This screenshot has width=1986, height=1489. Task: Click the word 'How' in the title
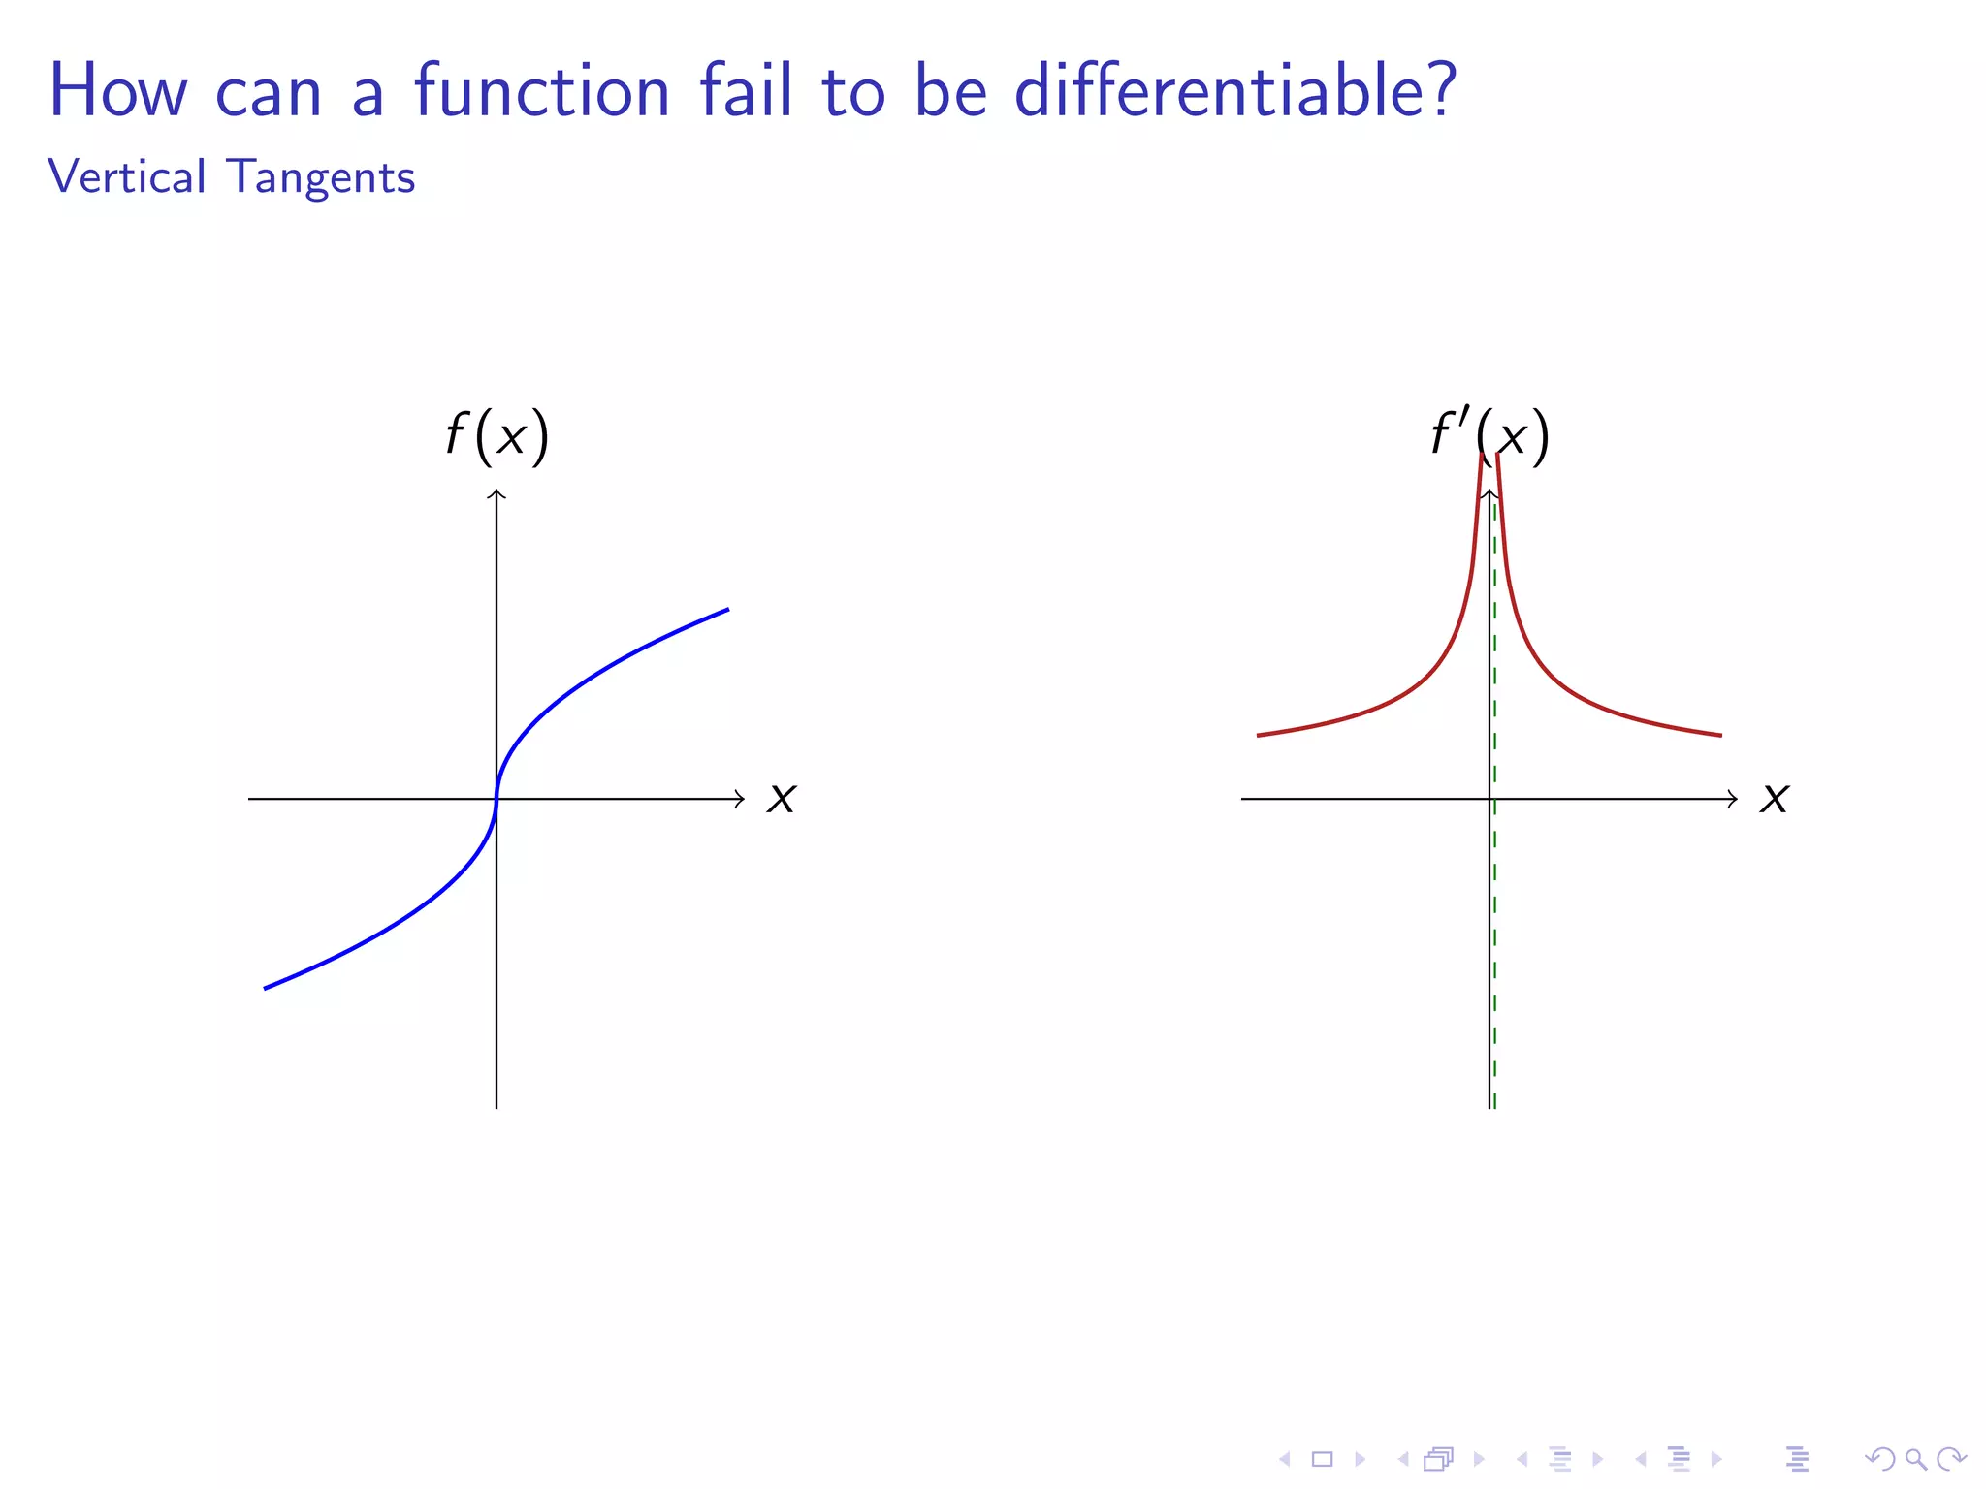coord(117,90)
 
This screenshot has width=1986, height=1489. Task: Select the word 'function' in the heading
coord(542,90)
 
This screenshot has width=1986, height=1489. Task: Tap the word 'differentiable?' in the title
coord(1235,90)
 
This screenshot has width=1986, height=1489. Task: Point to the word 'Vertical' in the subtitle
coord(127,177)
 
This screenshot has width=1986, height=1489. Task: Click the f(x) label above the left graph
coord(497,434)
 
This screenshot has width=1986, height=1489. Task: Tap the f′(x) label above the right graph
coord(1490,434)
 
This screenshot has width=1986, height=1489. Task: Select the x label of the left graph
coord(782,799)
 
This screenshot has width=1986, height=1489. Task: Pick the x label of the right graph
coord(1775,799)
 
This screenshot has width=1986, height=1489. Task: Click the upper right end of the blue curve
coord(727,610)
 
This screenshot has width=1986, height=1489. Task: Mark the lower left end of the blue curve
coord(266,988)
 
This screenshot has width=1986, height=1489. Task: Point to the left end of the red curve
coord(1259,736)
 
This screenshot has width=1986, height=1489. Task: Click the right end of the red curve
coord(1720,736)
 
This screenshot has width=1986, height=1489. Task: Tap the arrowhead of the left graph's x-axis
coord(742,799)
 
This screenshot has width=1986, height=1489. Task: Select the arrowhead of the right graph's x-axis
coord(1735,799)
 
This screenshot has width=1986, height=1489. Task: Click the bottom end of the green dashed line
coord(1494,1106)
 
